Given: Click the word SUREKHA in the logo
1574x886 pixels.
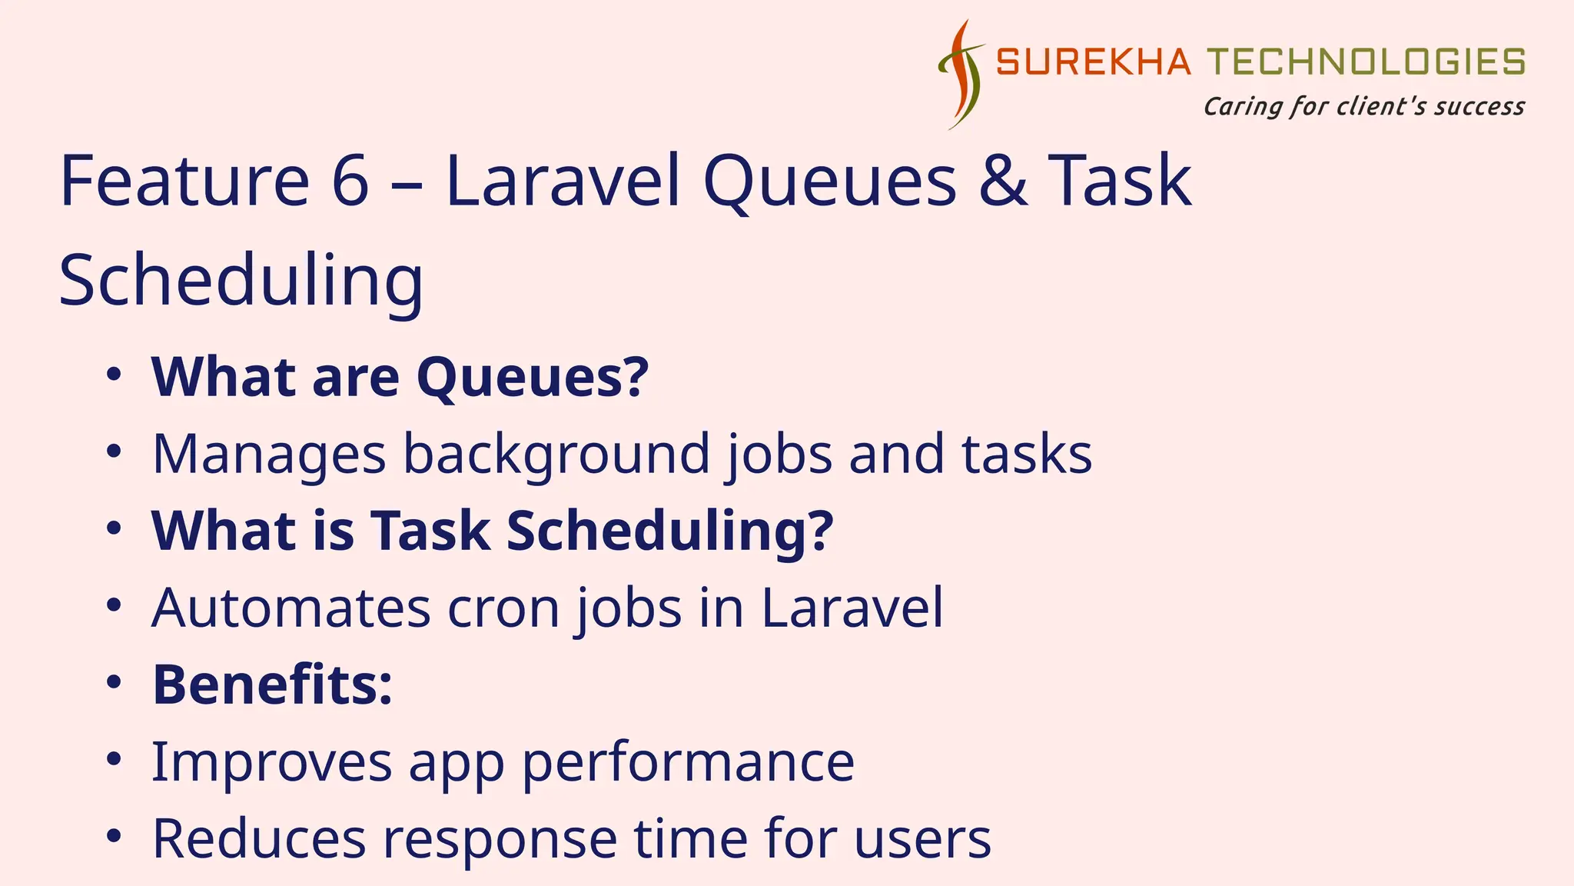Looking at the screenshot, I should tap(1093, 62).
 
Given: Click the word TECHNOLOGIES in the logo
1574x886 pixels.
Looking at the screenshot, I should tap(1366, 62).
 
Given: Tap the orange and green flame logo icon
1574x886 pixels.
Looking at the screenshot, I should tap(961, 75).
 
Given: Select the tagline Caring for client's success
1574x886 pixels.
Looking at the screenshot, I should tap(1364, 106).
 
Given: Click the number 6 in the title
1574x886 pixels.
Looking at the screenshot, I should tap(350, 181).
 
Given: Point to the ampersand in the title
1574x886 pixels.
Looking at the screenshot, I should tap(1003, 181).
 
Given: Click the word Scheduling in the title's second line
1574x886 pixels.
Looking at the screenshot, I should tap(241, 281).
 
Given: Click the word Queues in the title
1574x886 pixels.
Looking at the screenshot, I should tap(829, 181).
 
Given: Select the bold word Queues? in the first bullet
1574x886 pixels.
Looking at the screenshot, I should tap(533, 378).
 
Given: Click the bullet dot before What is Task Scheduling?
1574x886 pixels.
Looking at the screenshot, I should tap(114, 528).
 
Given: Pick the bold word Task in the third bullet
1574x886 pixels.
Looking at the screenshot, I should tap(430, 531).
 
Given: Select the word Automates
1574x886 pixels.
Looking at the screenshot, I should tap(291, 608).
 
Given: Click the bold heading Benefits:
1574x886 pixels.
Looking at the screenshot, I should tap(273, 684).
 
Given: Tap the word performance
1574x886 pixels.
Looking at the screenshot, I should tap(688, 762).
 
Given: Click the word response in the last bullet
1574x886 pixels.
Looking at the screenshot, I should tap(500, 839).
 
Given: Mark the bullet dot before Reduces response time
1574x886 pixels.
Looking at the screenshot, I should tap(114, 836).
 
